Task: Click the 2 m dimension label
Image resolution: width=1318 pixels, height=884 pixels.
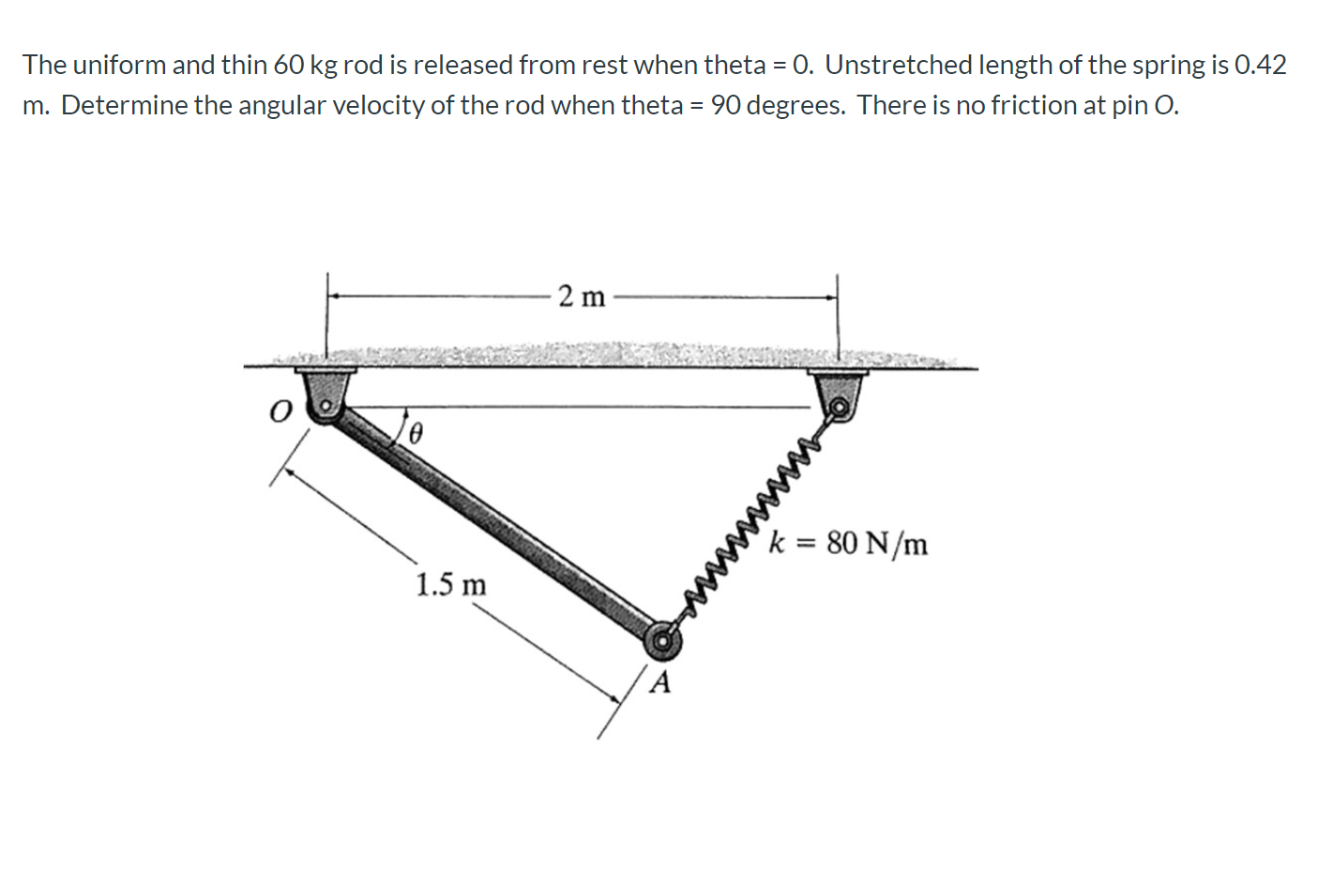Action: [581, 297]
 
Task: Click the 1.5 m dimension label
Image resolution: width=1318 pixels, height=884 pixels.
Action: [451, 585]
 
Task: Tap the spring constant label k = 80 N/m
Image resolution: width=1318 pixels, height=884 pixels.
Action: [848, 544]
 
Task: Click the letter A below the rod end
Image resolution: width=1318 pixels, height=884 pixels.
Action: [660, 682]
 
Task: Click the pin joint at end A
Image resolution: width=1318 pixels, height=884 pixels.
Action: [663, 642]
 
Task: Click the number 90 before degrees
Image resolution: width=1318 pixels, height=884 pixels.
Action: [726, 105]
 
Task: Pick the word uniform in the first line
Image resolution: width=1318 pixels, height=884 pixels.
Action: [119, 65]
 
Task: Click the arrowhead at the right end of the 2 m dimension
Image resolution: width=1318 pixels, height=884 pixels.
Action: [830, 297]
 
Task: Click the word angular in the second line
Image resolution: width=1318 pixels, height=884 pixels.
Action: [282, 105]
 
